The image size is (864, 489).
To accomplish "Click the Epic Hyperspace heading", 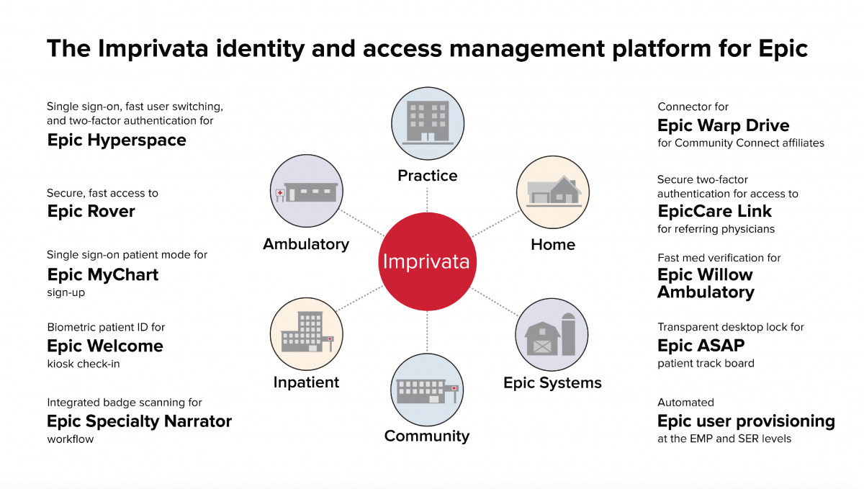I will point(117,140).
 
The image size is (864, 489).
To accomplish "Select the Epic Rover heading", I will point(91,211).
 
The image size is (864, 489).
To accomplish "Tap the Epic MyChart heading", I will point(103,274).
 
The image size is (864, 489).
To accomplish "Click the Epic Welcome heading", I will point(105,346).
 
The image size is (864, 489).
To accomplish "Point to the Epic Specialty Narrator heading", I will point(140,421).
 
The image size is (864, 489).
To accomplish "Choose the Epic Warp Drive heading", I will point(724,125).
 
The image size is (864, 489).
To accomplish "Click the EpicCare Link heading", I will point(714,211).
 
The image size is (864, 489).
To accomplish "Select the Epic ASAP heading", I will point(701,346).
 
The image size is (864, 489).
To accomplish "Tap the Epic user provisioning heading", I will point(746,421).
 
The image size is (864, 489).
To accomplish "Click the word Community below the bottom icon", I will point(426,436).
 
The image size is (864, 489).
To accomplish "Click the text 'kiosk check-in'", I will point(84,364).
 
